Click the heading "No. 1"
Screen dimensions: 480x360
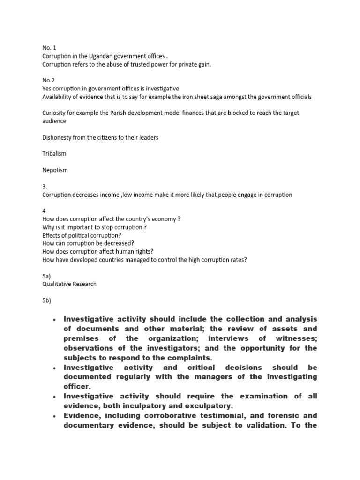pos(49,47)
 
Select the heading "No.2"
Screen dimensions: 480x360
pos(48,80)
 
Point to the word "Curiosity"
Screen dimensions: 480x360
pos(56,113)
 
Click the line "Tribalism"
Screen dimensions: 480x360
pos(54,154)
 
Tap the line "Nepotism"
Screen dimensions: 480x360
pos(55,170)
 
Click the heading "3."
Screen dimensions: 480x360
pos(45,186)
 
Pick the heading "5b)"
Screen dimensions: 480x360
pos(47,300)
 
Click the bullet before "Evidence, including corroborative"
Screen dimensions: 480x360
pos(54,416)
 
